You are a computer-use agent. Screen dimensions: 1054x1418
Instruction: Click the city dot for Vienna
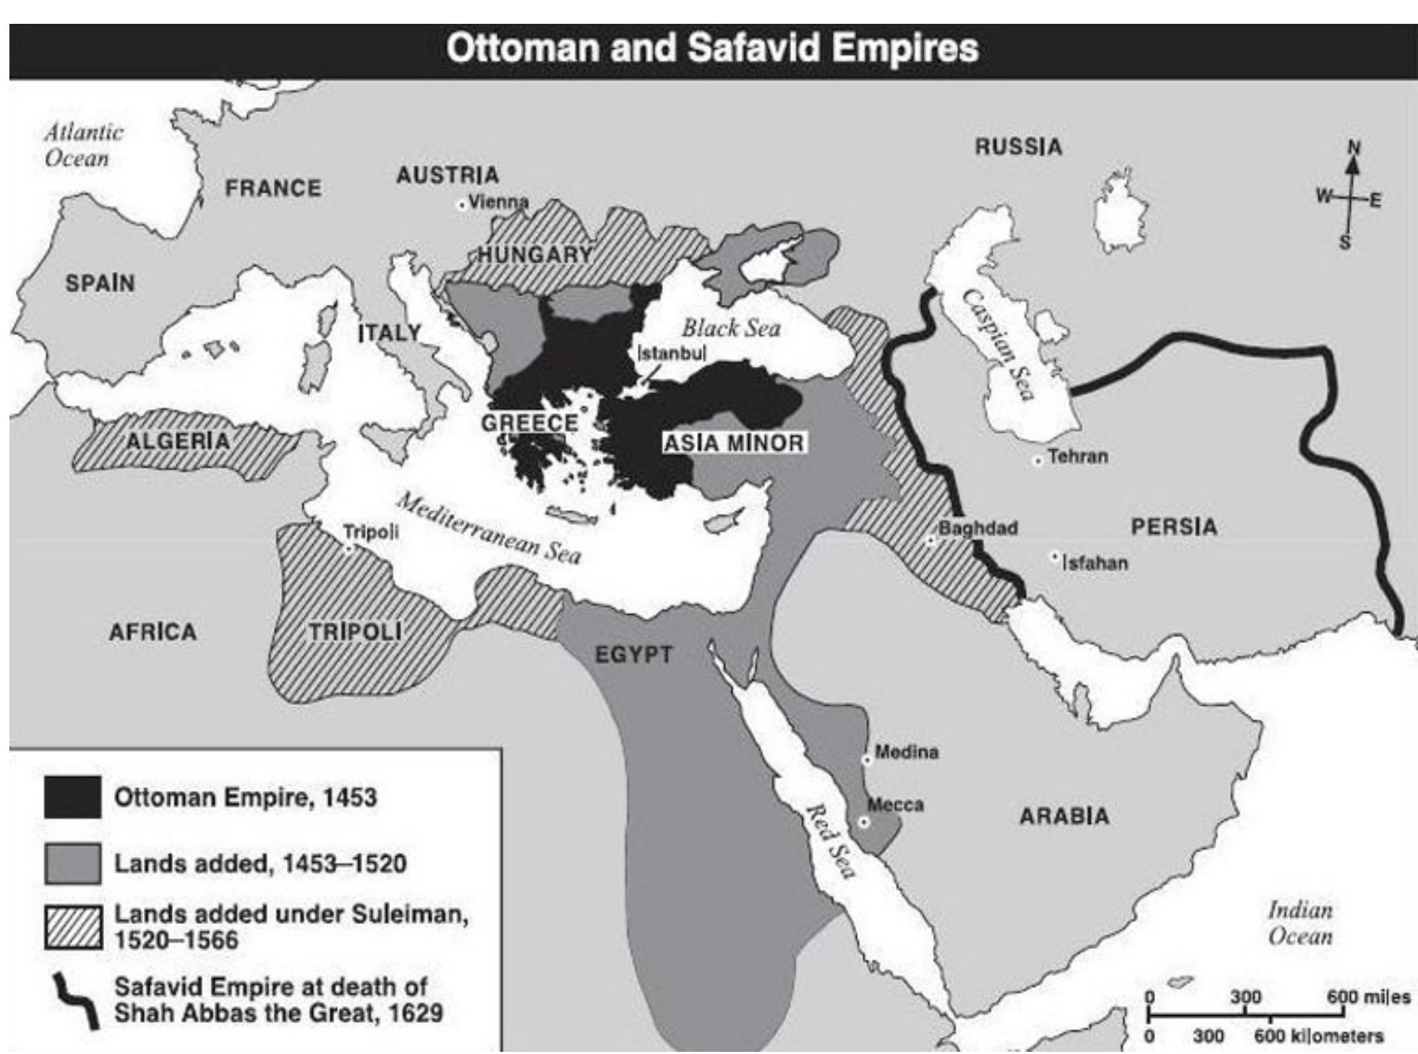pos(462,205)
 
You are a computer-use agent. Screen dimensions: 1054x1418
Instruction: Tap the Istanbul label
pos(672,354)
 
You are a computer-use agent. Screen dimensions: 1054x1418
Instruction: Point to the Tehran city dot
pos(1038,461)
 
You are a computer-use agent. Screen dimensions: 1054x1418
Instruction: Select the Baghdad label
pos(977,528)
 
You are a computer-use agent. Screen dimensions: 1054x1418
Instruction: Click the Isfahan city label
pos(1095,563)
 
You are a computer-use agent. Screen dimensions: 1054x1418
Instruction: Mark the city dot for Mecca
pos(863,822)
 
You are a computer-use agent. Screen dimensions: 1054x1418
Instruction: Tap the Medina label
pos(907,752)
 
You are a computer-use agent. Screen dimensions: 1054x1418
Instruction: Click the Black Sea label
pos(731,329)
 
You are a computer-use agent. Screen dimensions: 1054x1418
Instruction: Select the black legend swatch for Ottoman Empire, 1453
pos(72,797)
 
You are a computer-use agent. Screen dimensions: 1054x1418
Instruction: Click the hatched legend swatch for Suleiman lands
pos(72,928)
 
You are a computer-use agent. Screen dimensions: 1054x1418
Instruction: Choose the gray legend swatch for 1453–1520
pos(72,863)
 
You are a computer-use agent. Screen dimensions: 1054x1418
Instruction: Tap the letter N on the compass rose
pos(1354,148)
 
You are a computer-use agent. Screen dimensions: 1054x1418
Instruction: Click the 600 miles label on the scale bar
pos(1368,998)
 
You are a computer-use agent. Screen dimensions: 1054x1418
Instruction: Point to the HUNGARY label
pos(535,254)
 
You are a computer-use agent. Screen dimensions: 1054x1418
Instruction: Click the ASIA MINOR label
pos(734,443)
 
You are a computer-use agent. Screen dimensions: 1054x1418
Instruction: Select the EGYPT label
pos(634,655)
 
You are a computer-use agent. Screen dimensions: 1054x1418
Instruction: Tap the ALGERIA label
pos(178,441)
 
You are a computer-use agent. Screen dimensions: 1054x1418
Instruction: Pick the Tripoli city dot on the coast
pos(349,549)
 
